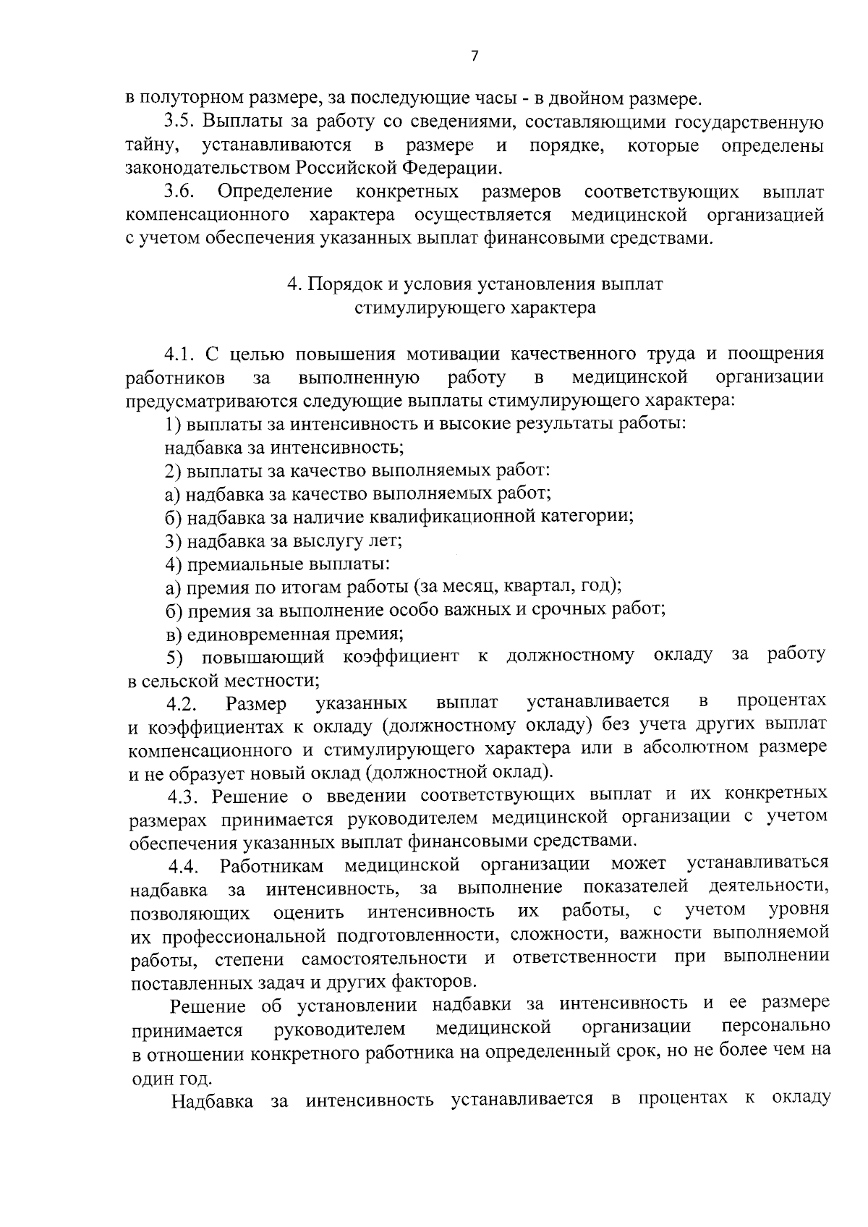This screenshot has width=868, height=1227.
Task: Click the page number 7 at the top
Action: [474, 56]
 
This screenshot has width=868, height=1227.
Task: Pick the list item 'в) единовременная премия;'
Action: [284, 634]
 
